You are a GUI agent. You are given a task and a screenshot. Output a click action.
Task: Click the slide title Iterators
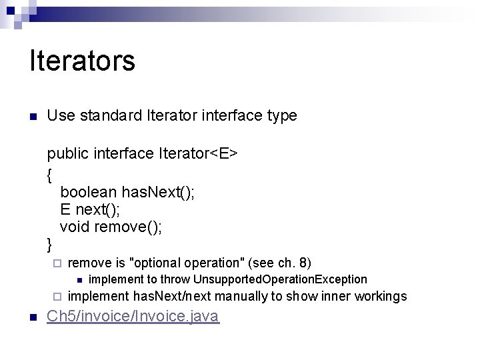[x=82, y=61]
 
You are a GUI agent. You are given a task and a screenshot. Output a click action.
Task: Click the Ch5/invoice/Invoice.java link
[x=132, y=316]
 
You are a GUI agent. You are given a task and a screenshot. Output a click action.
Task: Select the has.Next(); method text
[x=157, y=193]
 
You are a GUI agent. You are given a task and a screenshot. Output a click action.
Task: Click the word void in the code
[x=75, y=227]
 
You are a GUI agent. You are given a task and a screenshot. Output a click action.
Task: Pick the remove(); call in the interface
[x=128, y=227]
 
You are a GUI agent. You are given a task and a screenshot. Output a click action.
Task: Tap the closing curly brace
[x=50, y=243]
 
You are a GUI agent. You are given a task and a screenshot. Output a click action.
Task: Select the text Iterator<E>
[x=198, y=154]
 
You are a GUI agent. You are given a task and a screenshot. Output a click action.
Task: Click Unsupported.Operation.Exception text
[x=280, y=279]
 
